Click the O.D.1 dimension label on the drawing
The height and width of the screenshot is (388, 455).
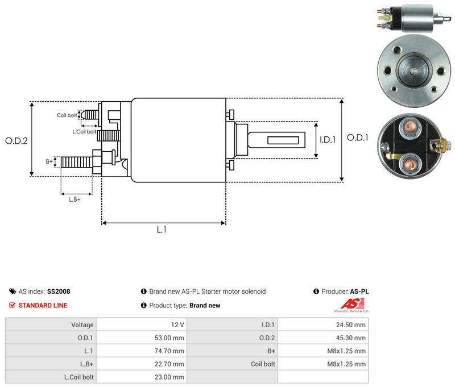358,137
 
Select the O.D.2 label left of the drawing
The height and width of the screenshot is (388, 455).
16,141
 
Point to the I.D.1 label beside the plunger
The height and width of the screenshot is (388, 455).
328,140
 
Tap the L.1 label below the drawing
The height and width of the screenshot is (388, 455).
162,230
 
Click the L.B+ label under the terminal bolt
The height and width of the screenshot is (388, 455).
75,199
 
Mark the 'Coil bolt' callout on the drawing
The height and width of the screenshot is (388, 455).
67,115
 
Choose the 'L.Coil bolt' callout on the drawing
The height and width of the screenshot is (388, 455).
84,132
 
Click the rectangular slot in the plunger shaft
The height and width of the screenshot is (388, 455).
283,140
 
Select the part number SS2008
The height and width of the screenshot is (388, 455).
59,291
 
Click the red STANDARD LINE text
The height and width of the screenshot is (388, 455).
43,306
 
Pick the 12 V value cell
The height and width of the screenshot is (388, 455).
141,325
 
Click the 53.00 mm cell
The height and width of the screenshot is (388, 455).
141,338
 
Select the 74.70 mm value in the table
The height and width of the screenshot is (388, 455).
169,351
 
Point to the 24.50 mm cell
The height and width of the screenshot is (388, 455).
323,325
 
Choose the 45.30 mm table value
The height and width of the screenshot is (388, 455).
351,338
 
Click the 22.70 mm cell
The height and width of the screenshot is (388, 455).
141,364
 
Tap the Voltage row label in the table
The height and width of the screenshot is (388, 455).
82,325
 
